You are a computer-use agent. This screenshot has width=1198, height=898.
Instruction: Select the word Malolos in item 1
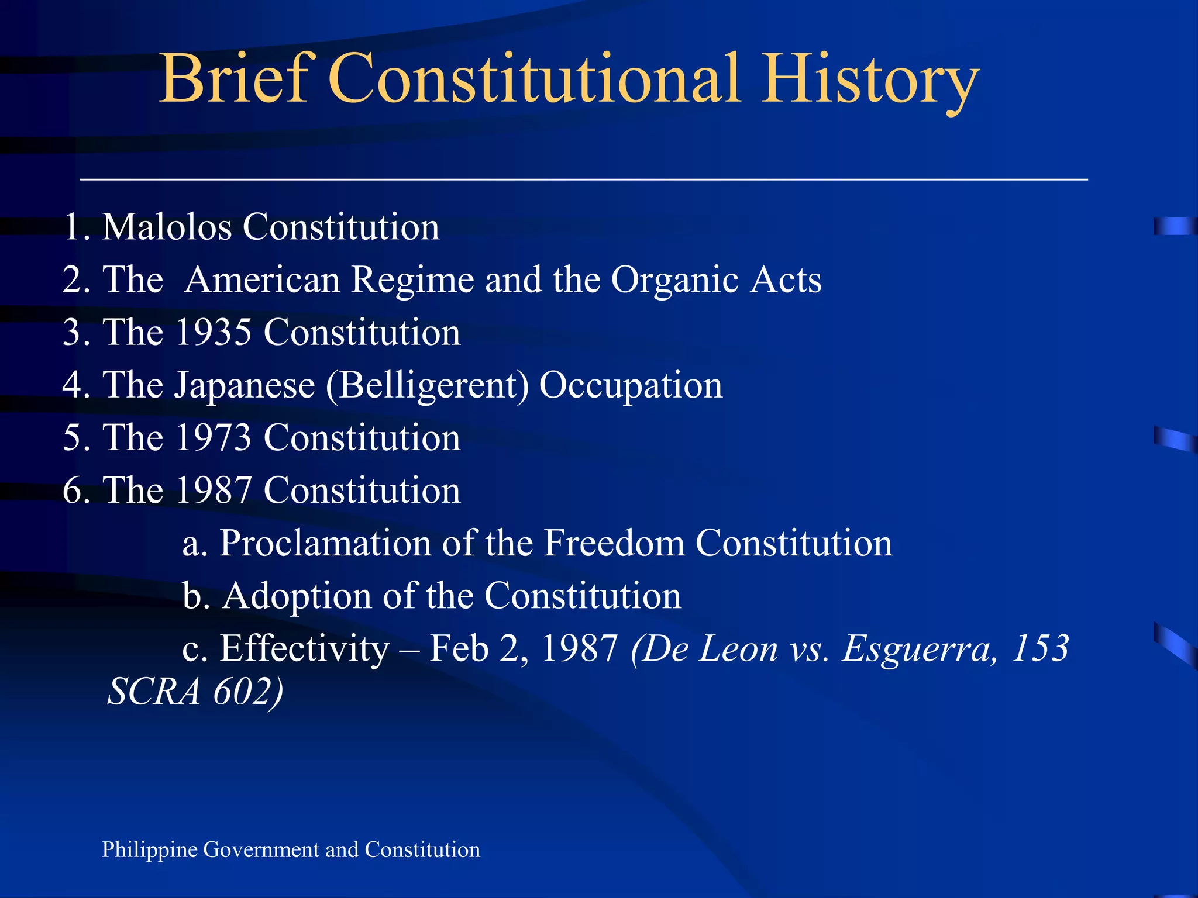click(x=167, y=227)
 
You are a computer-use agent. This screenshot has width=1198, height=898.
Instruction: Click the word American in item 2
click(x=263, y=279)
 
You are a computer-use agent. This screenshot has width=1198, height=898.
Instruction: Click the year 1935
click(x=213, y=332)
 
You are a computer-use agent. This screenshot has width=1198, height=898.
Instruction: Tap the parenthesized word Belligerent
click(x=428, y=385)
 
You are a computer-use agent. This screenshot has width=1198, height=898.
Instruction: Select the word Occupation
click(x=631, y=385)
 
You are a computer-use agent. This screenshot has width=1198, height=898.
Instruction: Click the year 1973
click(x=213, y=438)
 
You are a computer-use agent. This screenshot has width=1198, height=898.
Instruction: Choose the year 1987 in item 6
click(x=213, y=490)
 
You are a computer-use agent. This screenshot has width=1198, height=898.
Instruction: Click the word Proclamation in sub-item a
click(x=325, y=543)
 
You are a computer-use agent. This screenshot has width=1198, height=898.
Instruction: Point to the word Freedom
click(x=614, y=543)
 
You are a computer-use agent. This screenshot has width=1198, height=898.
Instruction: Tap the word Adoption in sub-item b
click(x=297, y=596)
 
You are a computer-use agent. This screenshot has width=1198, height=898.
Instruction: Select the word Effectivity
click(x=304, y=648)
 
